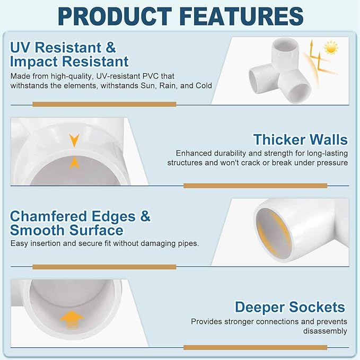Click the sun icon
point(331,48)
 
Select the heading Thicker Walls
point(300,139)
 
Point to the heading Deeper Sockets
point(290,307)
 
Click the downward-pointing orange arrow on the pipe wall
point(74,140)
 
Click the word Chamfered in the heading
point(48,216)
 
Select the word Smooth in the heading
point(37,230)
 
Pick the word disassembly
point(325,331)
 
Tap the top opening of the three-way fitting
point(285,43)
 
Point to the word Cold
point(204,86)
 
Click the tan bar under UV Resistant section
point(104,104)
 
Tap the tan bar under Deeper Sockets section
point(256,347)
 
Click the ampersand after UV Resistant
point(111,48)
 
